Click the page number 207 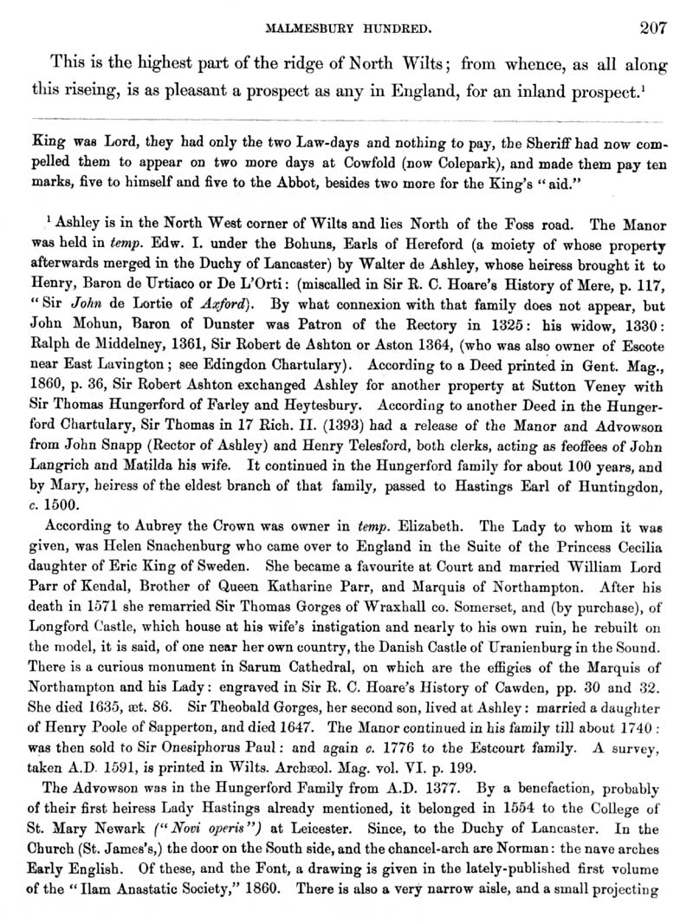coord(651,27)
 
